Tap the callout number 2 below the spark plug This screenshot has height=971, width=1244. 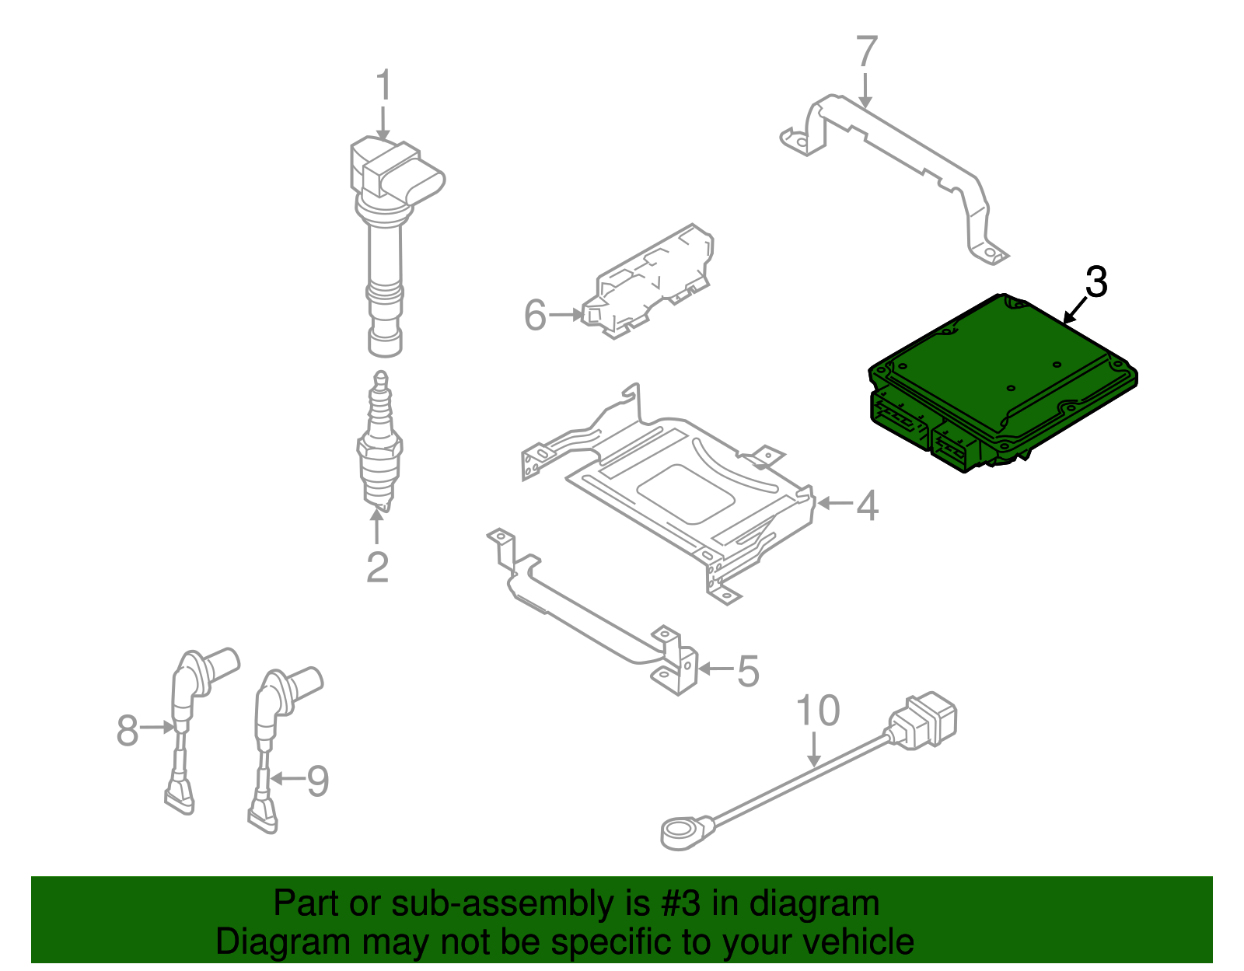(x=377, y=567)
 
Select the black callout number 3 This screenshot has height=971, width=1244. (x=1095, y=282)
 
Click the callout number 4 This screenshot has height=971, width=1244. (x=867, y=505)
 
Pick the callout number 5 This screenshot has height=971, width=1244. (x=747, y=671)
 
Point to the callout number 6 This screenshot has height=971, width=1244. (x=535, y=315)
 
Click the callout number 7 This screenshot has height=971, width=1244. (x=866, y=52)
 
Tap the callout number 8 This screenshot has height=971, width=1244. (x=128, y=730)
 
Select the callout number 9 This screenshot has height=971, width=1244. (x=318, y=781)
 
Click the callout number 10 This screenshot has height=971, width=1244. (x=818, y=711)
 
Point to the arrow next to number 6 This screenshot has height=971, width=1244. (x=564, y=315)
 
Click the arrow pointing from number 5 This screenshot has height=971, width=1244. (x=715, y=669)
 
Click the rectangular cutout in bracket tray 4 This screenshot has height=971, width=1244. (x=684, y=494)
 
